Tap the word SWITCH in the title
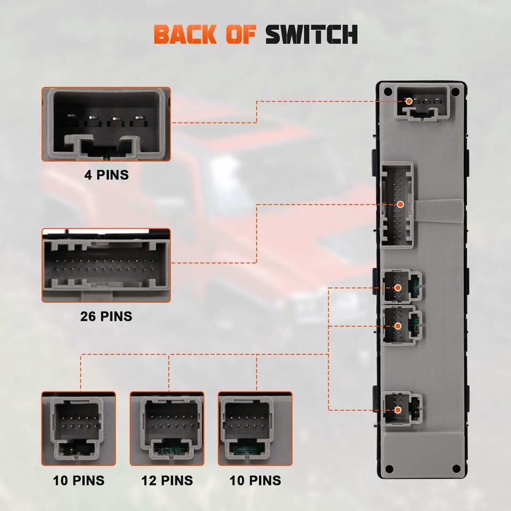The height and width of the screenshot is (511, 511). tap(311, 35)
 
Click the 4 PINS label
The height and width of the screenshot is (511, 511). tap(106, 175)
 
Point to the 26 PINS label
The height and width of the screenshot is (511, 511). tap(106, 316)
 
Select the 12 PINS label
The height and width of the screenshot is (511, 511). tap(167, 481)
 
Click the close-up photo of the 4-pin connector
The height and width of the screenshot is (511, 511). tap(106, 124)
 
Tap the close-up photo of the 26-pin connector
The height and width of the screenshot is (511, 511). tap(106, 266)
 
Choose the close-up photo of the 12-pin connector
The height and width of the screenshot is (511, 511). tap(167, 428)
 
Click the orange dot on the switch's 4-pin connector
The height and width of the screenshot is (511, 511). tap(409, 101)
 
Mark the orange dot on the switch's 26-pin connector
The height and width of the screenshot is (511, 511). tap(401, 204)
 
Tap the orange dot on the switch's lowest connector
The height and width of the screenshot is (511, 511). tap(398, 410)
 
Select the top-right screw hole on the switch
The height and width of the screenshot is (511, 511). tap(455, 92)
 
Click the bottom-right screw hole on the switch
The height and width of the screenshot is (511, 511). tap(455, 468)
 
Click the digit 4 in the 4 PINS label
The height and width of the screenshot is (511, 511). tap(88, 175)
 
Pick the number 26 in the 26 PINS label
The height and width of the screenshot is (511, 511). tap(88, 316)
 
